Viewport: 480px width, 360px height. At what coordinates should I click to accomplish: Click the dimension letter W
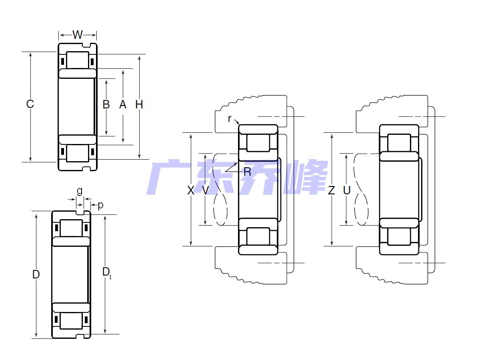click(x=78, y=35)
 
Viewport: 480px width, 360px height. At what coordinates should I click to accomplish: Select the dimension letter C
click(x=30, y=104)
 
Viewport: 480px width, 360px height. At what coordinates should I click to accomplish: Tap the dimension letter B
click(x=106, y=104)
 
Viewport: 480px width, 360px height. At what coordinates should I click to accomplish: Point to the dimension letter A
click(x=123, y=104)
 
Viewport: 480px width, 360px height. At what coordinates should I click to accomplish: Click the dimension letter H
click(x=139, y=104)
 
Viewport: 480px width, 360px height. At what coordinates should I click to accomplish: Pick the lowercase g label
click(x=80, y=191)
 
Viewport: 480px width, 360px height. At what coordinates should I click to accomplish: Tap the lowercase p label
click(x=100, y=206)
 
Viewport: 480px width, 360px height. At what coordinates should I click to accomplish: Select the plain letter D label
click(x=36, y=274)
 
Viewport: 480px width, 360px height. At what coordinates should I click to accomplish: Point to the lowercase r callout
click(x=229, y=119)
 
